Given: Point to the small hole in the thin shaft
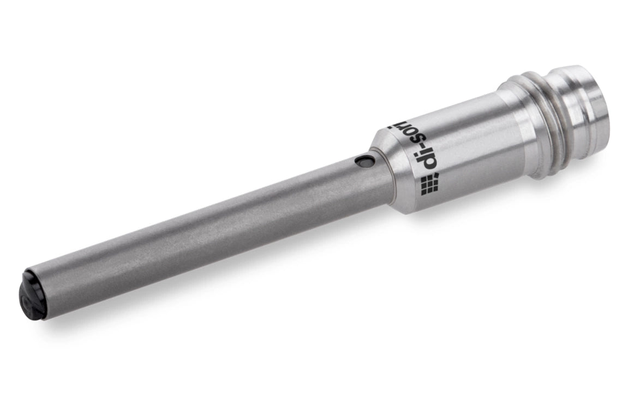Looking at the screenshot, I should [x=364, y=162].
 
